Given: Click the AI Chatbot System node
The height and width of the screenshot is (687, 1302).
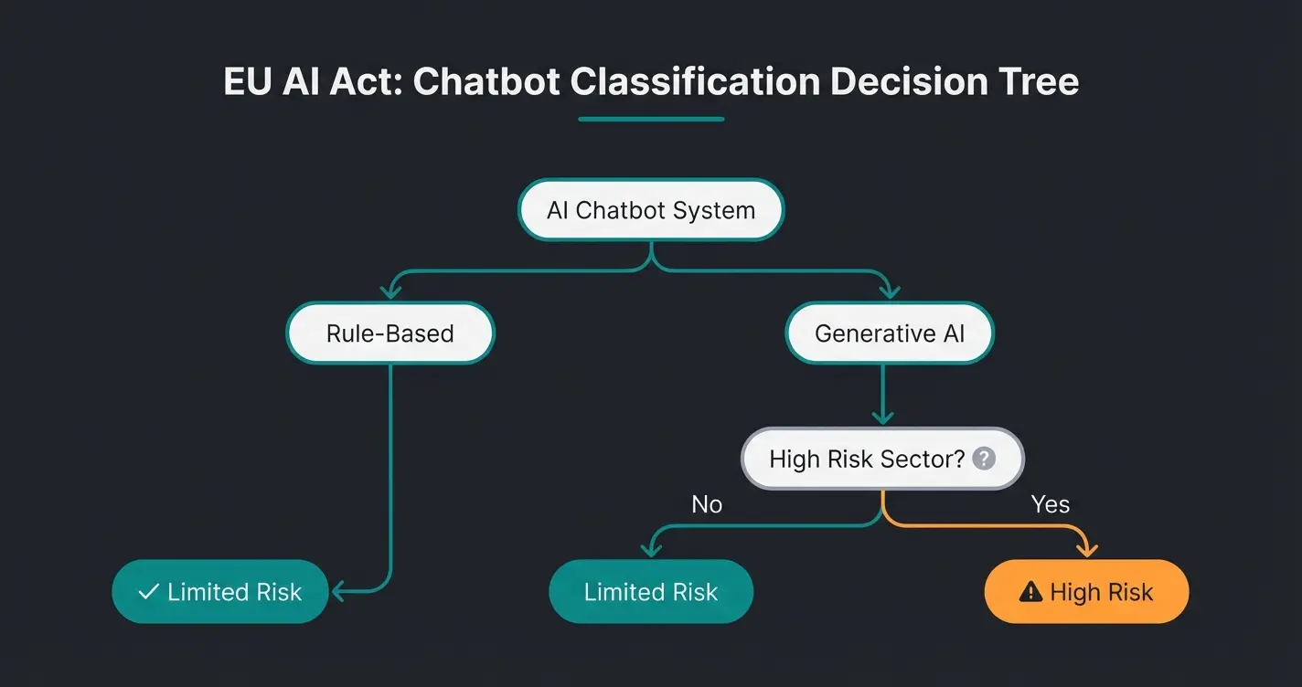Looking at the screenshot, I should click(x=650, y=210).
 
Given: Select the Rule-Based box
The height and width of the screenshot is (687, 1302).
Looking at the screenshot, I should click(x=390, y=333).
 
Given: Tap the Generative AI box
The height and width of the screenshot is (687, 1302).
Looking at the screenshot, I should click(x=889, y=333).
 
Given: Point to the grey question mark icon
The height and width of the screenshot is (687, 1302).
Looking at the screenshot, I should click(x=984, y=459).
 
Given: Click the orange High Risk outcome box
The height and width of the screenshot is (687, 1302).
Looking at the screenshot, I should click(x=1086, y=592).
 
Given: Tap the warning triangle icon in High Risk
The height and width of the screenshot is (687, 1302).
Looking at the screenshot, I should click(x=1030, y=593).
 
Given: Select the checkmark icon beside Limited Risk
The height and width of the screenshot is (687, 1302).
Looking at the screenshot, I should click(x=148, y=592).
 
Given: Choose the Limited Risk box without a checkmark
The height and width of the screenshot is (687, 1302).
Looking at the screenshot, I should click(x=650, y=592).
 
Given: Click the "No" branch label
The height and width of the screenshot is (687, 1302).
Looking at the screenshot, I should click(x=707, y=504).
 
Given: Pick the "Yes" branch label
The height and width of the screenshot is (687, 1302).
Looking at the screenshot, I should click(x=1050, y=504).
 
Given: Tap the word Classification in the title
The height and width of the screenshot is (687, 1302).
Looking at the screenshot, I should click(x=696, y=81).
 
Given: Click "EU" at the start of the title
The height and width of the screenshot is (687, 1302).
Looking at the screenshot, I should click(x=244, y=81).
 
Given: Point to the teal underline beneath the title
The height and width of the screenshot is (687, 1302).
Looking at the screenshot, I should click(x=651, y=118).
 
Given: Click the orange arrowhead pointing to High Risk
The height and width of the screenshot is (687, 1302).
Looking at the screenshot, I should click(x=1086, y=549).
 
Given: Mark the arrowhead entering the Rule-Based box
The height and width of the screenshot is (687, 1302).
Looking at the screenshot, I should click(x=390, y=292).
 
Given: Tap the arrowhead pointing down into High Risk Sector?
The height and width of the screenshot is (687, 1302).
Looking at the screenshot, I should click(x=881, y=417).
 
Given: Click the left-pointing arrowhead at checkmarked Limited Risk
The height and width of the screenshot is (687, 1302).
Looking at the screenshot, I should click(x=338, y=592).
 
